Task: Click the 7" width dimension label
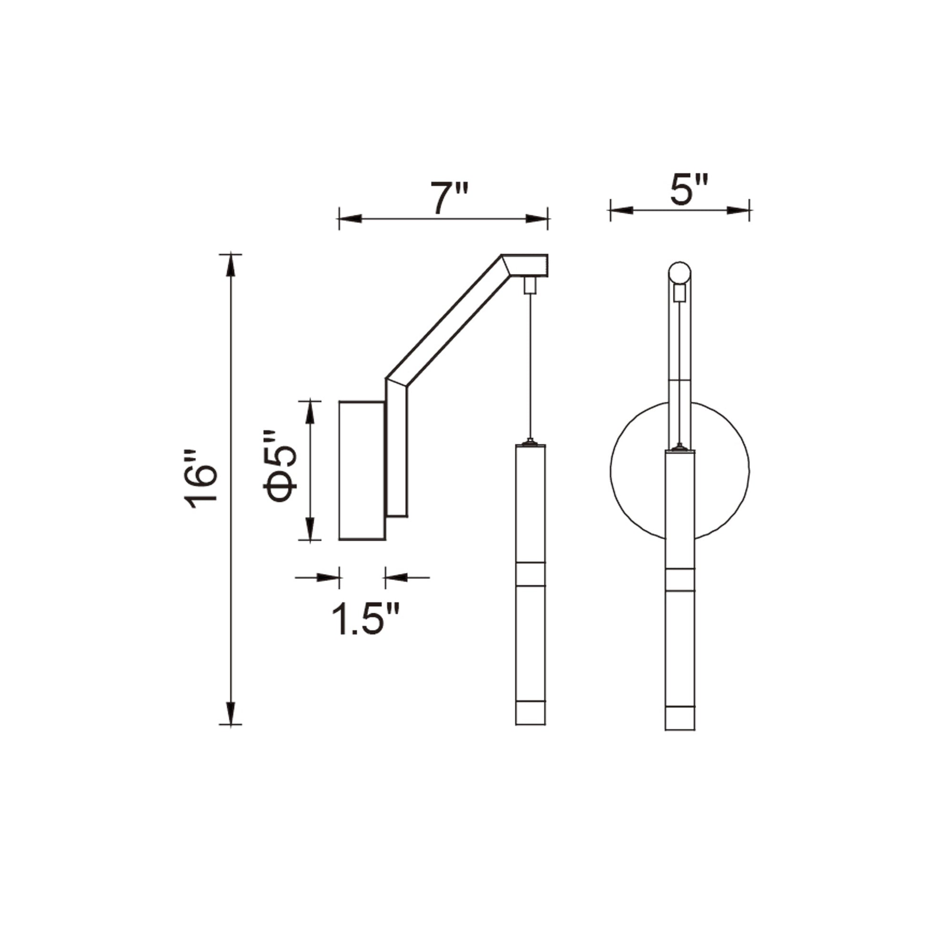448,198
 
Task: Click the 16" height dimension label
201,480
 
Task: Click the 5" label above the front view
689,190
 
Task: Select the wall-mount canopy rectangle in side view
362,471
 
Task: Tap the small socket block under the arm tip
530,285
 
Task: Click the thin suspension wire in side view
530,365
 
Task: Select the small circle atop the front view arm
679,273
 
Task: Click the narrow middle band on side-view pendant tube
530,574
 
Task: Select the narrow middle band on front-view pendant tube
679,579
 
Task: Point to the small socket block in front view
679,292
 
